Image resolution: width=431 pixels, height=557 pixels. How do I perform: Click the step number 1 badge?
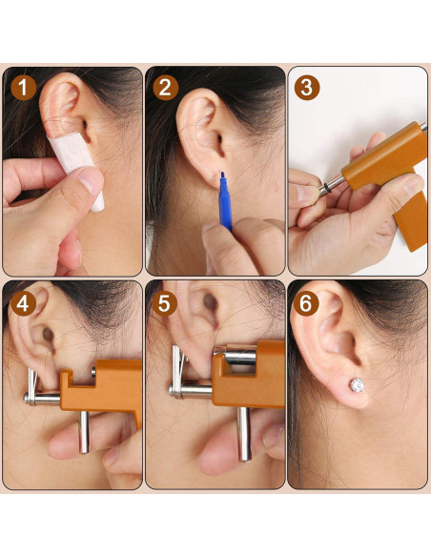tap(24, 89)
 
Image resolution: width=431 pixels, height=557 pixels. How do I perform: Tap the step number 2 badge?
tap(167, 89)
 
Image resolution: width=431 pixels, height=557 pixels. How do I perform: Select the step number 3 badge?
tap(307, 89)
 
